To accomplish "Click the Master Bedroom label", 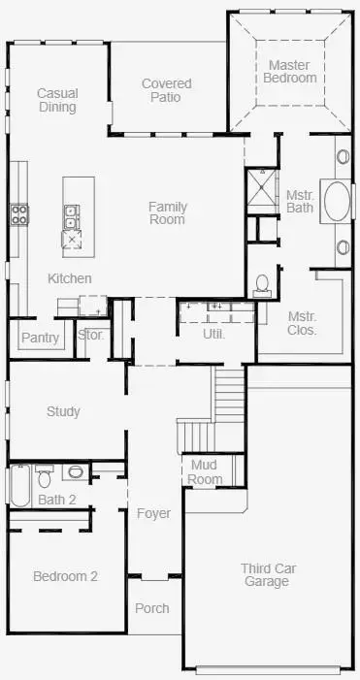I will tap(291, 71).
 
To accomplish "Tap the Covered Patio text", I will tap(166, 91).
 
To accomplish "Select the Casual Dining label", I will tap(57, 100).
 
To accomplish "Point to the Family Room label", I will tap(167, 212).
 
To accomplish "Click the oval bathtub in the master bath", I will tap(338, 202).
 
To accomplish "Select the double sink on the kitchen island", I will tap(72, 211).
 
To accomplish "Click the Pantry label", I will tap(40, 338).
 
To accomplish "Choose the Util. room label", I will tap(213, 334).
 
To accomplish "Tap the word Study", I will tap(63, 411).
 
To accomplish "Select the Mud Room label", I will tap(206, 471).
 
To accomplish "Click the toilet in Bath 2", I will tap(44, 477).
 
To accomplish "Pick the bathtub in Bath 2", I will tap(18, 485).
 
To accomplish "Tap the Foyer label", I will tap(152, 512).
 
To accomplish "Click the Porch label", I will tap(151, 608).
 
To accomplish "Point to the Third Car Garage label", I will tap(266, 574).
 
